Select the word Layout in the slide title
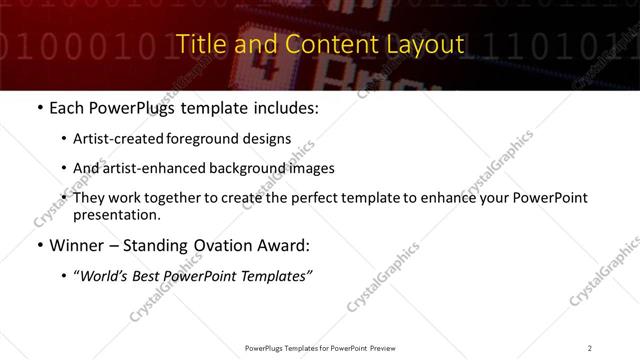[x=427, y=45]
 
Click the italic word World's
[x=105, y=276]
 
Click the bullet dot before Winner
[x=39, y=246]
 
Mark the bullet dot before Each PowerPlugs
[x=39, y=108]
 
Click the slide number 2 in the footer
[x=589, y=348]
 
